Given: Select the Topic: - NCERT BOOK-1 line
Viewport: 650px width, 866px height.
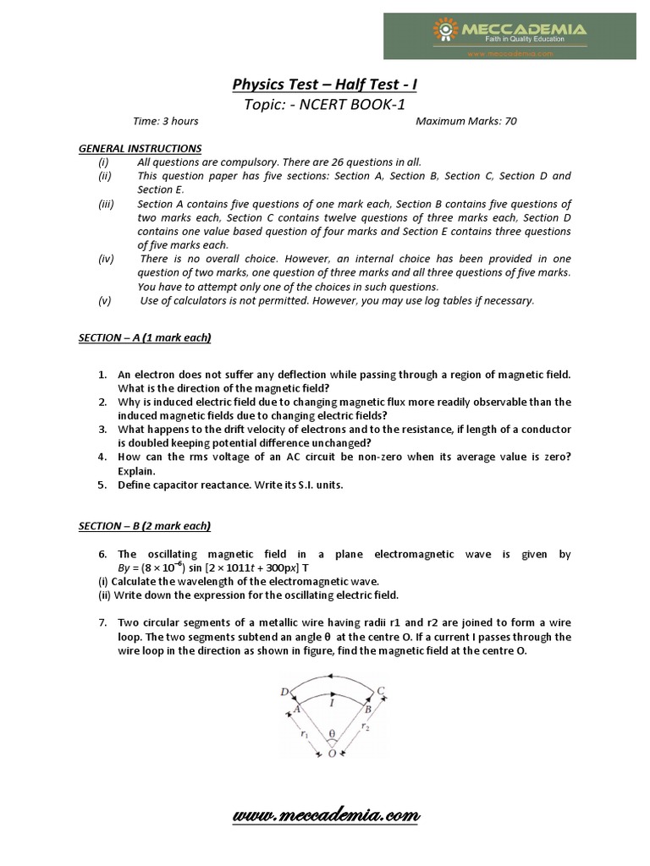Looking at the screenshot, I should click(325, 103).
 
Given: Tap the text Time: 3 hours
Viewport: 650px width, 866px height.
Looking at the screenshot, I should click(166, 122).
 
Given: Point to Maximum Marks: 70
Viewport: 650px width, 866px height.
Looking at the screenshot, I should click(466, 122).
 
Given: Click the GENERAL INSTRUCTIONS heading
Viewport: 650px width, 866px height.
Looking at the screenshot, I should click(140, 148).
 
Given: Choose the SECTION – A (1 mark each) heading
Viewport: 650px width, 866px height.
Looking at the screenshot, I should click(145, 338).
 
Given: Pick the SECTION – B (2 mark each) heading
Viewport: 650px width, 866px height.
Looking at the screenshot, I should click(145, 526).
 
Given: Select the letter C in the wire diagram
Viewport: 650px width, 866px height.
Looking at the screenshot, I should click(381, 691).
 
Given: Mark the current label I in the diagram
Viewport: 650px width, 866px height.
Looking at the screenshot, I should click(333, 701).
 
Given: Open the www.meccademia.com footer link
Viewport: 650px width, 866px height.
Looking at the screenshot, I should click(326, 816).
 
